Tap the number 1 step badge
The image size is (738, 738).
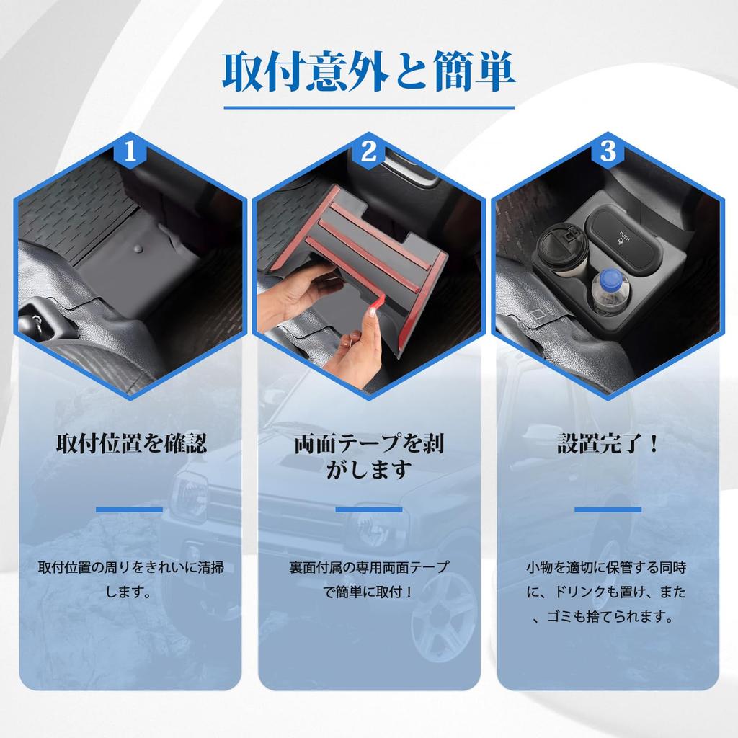pyautogui.click(x=130, y=152)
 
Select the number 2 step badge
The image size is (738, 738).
pyautogui.click(x=369, y=152)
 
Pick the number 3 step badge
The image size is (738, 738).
pyautogui.click(x=608, y=152)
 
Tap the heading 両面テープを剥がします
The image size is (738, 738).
pyautogui.click(x=369, y=456)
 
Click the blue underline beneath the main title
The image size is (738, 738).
pyautogui.click(x=368, y=108)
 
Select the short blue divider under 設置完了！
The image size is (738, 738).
pyautogui.click(x=608, y=510)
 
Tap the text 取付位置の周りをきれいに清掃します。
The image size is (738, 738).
pyautogui.click(x=130, y=579)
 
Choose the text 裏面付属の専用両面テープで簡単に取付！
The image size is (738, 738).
pyautogui.click(x=369, y=579)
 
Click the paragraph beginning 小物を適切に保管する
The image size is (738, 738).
pyautogui.click(x=608, y=592)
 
